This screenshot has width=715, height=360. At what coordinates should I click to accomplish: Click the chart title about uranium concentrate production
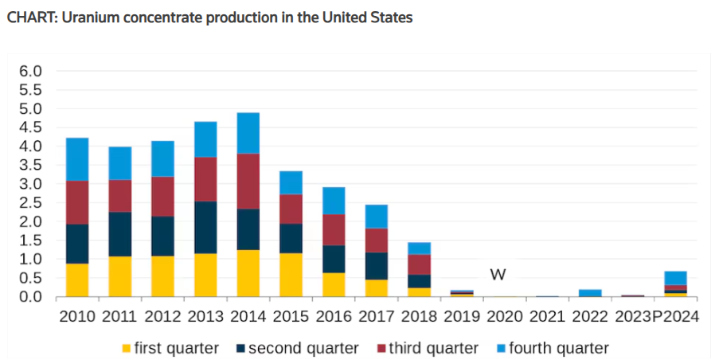coord(209,17)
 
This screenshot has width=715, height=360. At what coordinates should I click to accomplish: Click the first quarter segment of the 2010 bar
coord(77,280)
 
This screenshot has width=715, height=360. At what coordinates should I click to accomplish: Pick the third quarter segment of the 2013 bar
coord(205,179)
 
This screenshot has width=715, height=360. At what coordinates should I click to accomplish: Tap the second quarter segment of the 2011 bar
coord(120,234)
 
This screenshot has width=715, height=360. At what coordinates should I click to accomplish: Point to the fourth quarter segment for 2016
coord(334,201)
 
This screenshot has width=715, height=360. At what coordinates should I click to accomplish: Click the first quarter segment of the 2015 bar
coord(291,275)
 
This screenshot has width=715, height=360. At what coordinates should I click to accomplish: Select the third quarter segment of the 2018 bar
coord(419,265)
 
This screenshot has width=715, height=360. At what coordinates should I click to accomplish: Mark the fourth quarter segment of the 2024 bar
coord(676,278)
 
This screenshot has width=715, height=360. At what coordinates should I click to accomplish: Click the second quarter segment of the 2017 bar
coord(376,266)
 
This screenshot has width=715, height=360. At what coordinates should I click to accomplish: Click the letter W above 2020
coord(498,275)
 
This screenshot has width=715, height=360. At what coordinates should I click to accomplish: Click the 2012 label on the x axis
coord(162,316)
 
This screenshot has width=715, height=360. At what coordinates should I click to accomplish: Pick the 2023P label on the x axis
coord(634,316)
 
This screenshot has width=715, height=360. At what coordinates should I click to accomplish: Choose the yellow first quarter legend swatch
coord(126,348)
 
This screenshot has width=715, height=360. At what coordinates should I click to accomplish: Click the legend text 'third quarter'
coord(440,348)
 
